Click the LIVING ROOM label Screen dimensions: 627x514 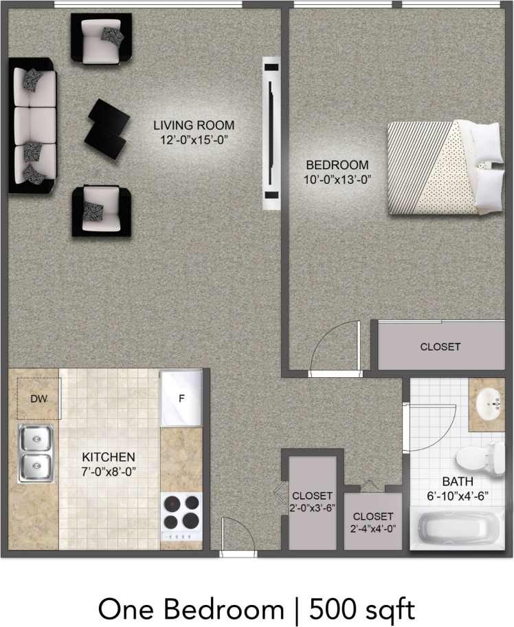pyautogui.click(x=194, y=125)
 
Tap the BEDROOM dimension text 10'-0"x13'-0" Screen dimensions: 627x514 pyautogui.click(x=337, y=180)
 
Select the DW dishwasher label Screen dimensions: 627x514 pyautogui.click(x=38, y=398)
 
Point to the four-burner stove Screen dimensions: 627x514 pyautogui.click(x=181, y=516)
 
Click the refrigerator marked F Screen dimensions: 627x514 pyautogui.click(x=181, y=397)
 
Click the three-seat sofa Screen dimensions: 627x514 pyautogui.click(x=32, y=125)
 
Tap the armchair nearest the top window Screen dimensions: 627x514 pyautogui.click(x=101, y=39)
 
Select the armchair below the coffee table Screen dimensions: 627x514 pyautogui.click(x=101, y=211)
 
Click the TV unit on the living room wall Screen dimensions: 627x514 pyautogui.click(x=271, y=136)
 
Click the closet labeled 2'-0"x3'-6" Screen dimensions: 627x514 pyautogui.click(x=313, y=502)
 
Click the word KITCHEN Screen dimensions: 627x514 pyautogui.click(x=109, y=457)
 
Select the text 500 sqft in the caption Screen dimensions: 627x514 pyautogui.click(x=361, y=609)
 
